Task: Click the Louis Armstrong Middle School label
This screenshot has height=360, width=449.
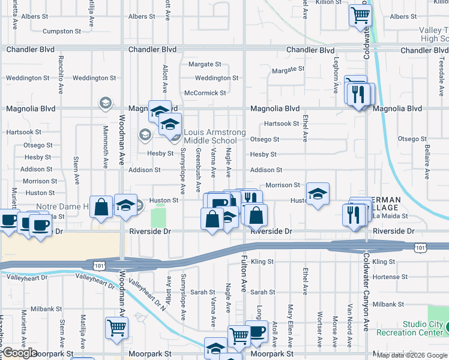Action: [x=210, y=136]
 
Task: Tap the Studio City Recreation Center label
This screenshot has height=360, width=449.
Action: [x=423, y=328]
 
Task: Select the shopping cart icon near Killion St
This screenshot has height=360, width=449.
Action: [x=360, y=15]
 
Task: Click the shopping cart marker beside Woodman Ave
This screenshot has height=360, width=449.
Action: [x=117, y=328]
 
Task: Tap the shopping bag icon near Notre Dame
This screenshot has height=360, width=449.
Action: [x=102, y=207]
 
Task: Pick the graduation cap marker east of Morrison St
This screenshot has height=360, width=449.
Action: [x=318, y=194]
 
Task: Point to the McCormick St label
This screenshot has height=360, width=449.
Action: [x=205, y=93]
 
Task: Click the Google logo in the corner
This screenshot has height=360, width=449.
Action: [x=20, y=353]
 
